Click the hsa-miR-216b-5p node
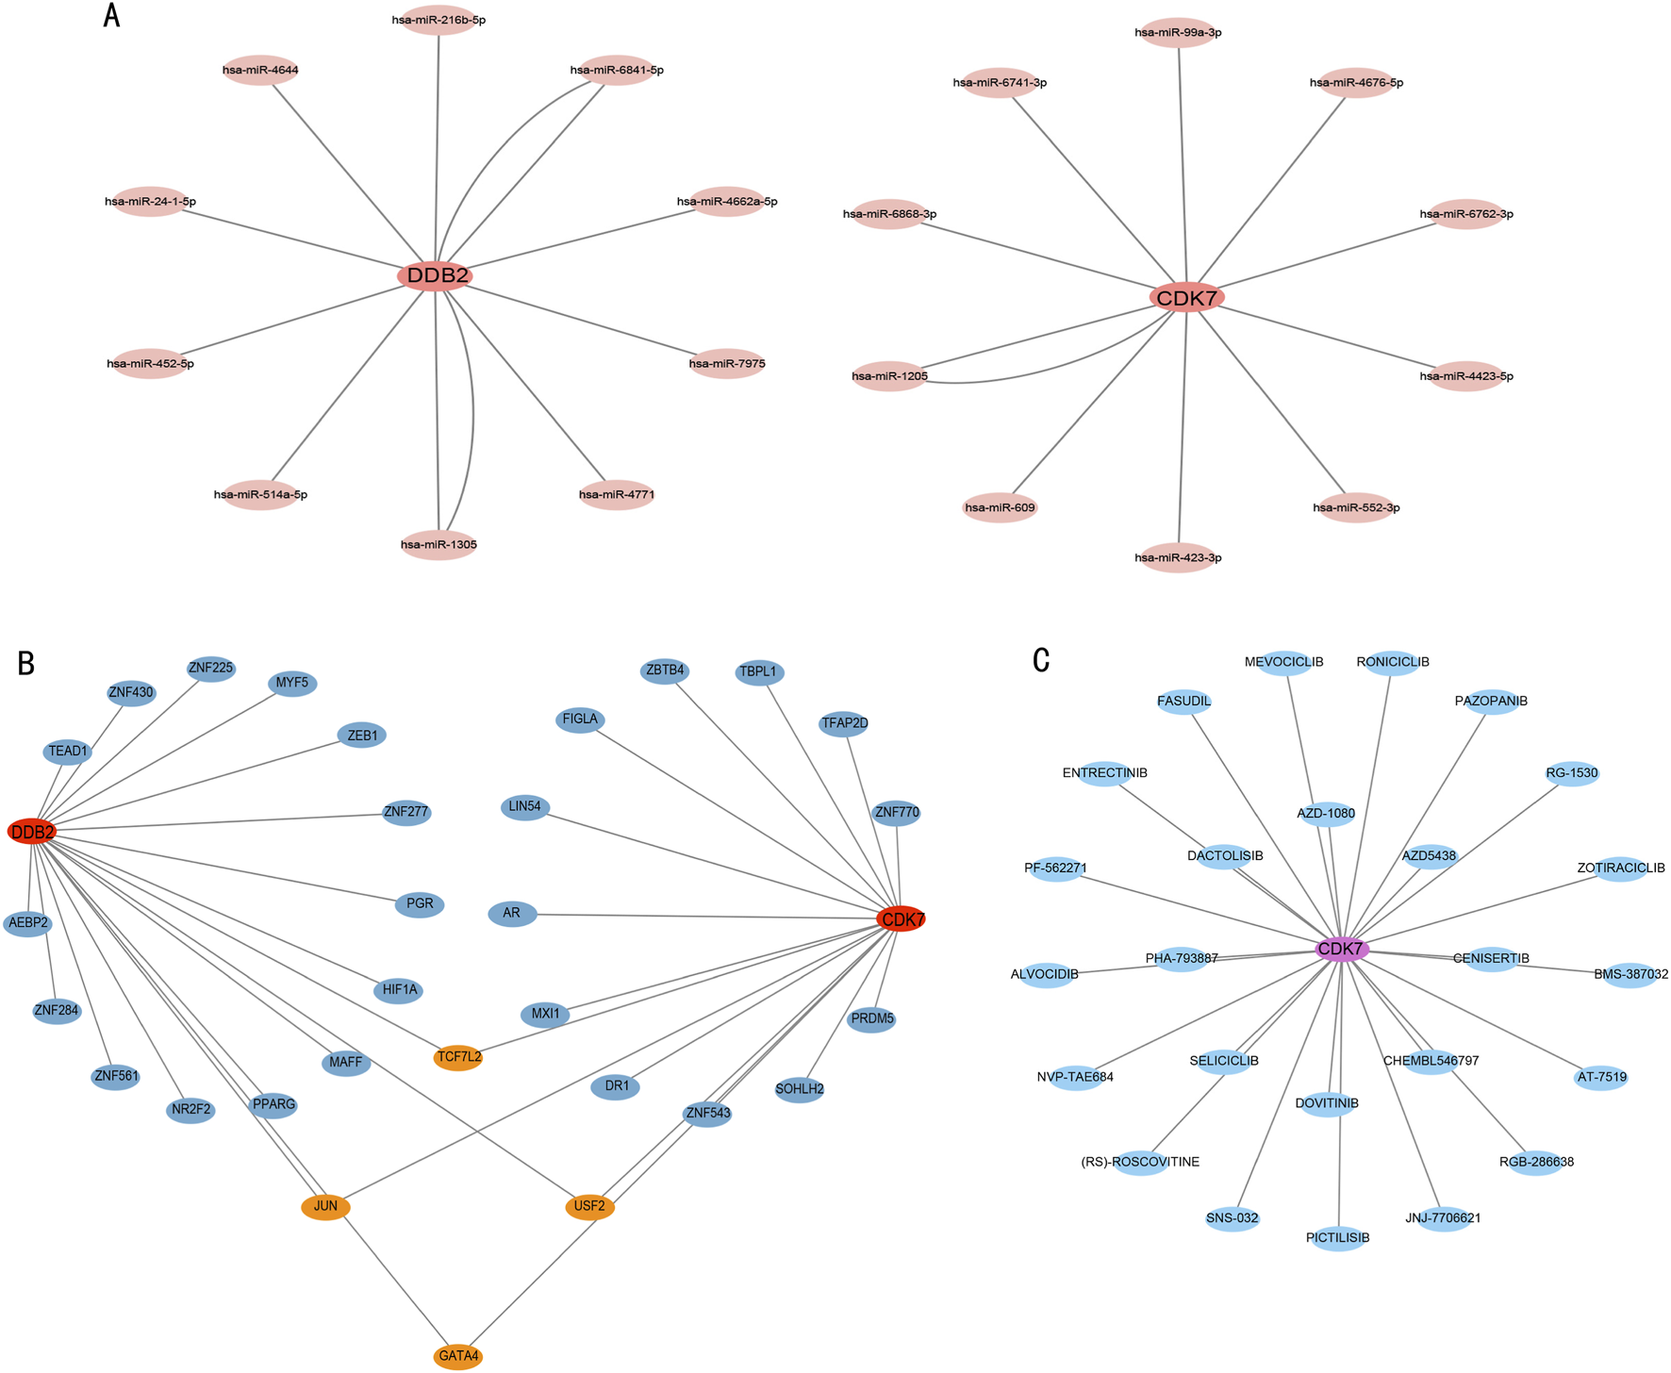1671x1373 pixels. point(438,20)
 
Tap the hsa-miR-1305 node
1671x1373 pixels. point(438,544)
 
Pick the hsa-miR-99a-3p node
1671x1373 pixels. point(1178,33)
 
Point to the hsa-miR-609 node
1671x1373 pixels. point(1000,507)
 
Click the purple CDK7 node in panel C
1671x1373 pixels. point(1341,949)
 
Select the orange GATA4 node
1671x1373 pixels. point(458,1357)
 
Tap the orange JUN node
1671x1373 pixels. point(325,1206)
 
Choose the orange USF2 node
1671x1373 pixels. point(590,1206)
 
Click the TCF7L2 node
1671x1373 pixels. point(458,1057)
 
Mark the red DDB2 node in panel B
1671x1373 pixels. point(32,832)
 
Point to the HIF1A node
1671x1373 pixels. point(399,990)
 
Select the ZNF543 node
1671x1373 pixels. point(707,1114)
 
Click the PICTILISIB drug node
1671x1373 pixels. point(1338,1237)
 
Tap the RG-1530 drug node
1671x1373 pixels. point(1572,773)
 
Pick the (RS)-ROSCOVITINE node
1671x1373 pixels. point(1141,1162)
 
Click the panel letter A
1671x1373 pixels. point(111,15)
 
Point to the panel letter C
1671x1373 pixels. point(1041,660)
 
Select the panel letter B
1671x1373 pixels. point(26,663)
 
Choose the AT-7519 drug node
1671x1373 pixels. point(1601,1077)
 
